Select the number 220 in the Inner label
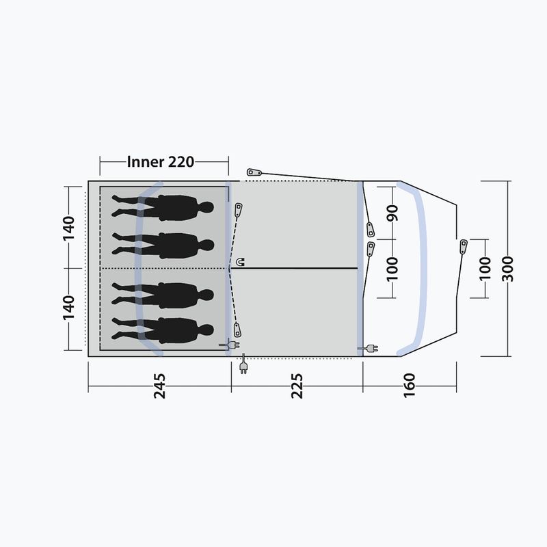(181, 162)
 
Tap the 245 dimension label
(160, 386)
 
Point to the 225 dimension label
(297, 386)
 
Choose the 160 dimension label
(410, 385)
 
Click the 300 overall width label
(507, 269)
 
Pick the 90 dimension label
(392, 213)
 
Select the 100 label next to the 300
(485, 269)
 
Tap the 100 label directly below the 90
(392, 269)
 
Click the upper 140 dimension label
(68, 228)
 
